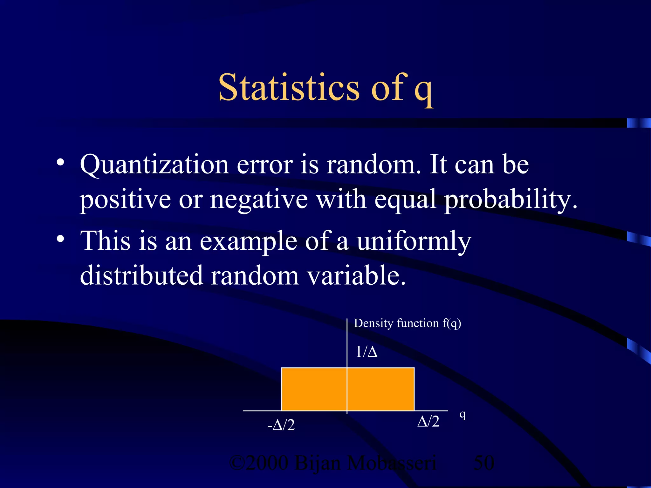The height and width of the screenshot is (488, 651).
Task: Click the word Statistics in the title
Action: pyautogui.click(x=289, y=87)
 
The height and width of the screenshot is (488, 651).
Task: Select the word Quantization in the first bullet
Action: pyautogui.click(x=154, y=165)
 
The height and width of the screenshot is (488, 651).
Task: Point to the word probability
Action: pyautogui.click(x=510, y=200)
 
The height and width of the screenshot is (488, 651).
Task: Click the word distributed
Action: pyautogui.click(x=141, y=275)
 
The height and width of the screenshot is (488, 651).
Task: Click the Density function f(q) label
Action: pyautogui.click(x=407, y=323)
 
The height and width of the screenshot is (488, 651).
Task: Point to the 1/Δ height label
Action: pyautogui.click(x=366, y=352)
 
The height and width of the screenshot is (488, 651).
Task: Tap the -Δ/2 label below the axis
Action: pyautogui.click(x=281, y=425)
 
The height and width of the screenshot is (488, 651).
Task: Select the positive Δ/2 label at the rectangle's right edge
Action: pyautogui.click(x=428, y=422)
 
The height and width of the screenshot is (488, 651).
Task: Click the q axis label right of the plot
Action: pyautogui.click(x=463, y=415)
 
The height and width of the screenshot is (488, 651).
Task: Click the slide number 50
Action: pyautogui.click(x=484, y=463)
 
